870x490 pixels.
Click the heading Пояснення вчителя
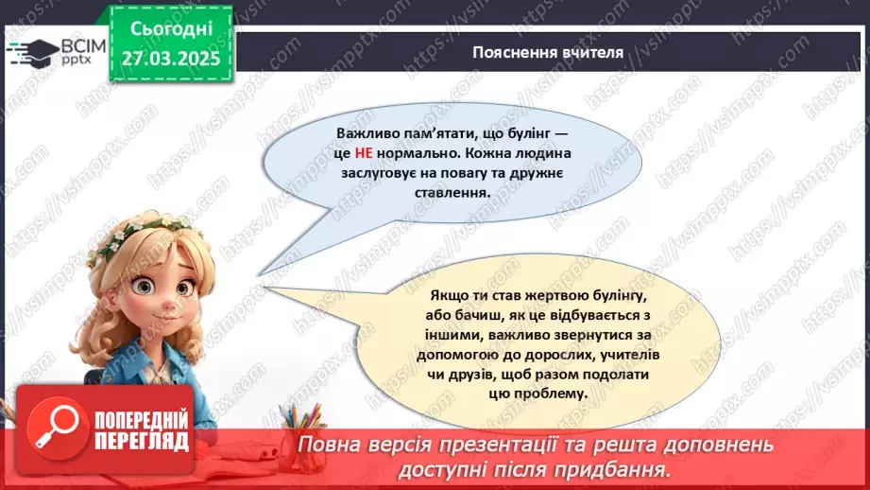[x=548, y=52]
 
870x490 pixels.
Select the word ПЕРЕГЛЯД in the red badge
[x=142, y=440]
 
